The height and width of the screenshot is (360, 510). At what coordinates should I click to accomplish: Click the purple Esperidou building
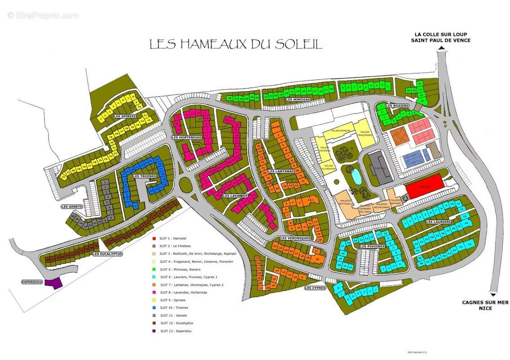pos(54,283)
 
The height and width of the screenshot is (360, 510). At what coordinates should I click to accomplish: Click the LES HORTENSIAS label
pos(186,137)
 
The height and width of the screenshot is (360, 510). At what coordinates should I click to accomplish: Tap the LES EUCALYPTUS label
pos(108,254)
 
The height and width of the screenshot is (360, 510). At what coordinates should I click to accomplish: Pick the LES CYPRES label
pos(315,288)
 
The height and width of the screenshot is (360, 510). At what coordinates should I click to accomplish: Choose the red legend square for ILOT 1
pos(154,238)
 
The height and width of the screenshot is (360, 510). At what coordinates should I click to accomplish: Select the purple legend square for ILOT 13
pos(154,331)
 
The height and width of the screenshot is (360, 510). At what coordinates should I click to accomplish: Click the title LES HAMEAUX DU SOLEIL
pos(235,44)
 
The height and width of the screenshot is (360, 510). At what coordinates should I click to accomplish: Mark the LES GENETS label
pos(72,207)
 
